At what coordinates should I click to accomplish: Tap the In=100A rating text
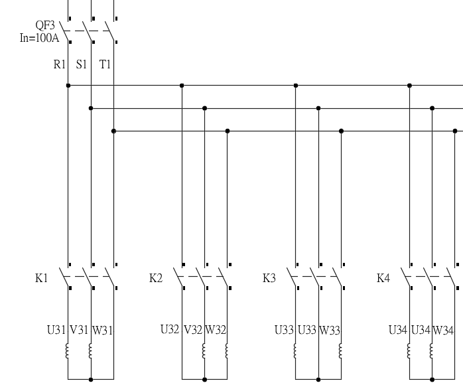pos(39,37)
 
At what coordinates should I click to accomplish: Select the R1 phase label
pos(60,65)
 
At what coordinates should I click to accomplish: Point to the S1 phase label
pos(82,65)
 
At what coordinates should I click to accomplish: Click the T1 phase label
pos(105,65)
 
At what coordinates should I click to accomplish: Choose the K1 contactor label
pos(42,278)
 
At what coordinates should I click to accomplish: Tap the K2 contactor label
pos(156,278)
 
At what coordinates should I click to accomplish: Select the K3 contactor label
pos(269,278)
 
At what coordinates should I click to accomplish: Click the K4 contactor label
pos(383,278)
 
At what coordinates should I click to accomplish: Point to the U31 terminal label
pos(56,329)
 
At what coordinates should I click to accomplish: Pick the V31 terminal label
pos(80,329)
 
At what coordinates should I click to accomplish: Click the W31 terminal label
pos(102,329)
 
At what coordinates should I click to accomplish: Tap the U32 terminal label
pos(170,329)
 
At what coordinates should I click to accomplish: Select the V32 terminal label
pos(193,329)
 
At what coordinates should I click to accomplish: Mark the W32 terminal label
pos(216,329)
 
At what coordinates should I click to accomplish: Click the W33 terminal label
pos(330,329)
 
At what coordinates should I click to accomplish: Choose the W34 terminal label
pos(444,329)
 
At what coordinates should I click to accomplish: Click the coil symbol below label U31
pos(68,350)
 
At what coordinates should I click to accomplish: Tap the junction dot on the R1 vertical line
pos(68,85)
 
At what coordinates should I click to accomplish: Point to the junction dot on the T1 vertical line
pos(114,131)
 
